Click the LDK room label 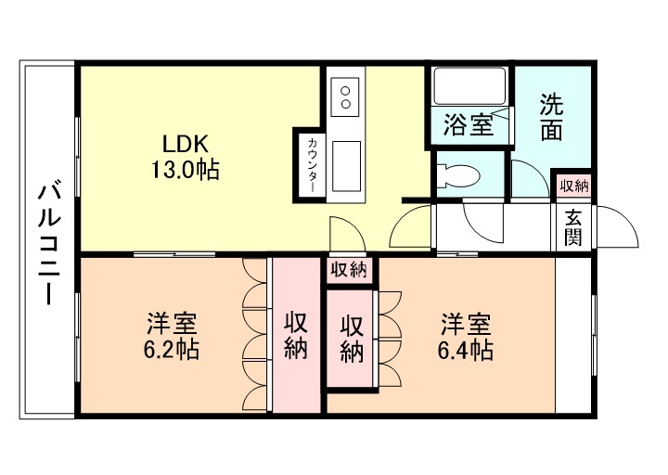click(186, 144)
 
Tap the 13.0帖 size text click(185, 170)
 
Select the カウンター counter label click(313, 164)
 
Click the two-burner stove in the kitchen click(345, 96)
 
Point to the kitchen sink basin click(346, 167)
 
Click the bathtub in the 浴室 click(469, 86)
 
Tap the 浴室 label click(469, 125)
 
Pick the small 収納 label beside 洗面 click(574, 186)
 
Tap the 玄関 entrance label click(573, 228)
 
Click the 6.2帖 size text click(172, 350)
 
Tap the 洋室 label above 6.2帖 click(172, 324)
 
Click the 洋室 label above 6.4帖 click(466, 324)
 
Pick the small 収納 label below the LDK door click(350, 270)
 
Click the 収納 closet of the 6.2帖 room click(297, 335)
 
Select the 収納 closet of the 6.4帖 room click(352, 339)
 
